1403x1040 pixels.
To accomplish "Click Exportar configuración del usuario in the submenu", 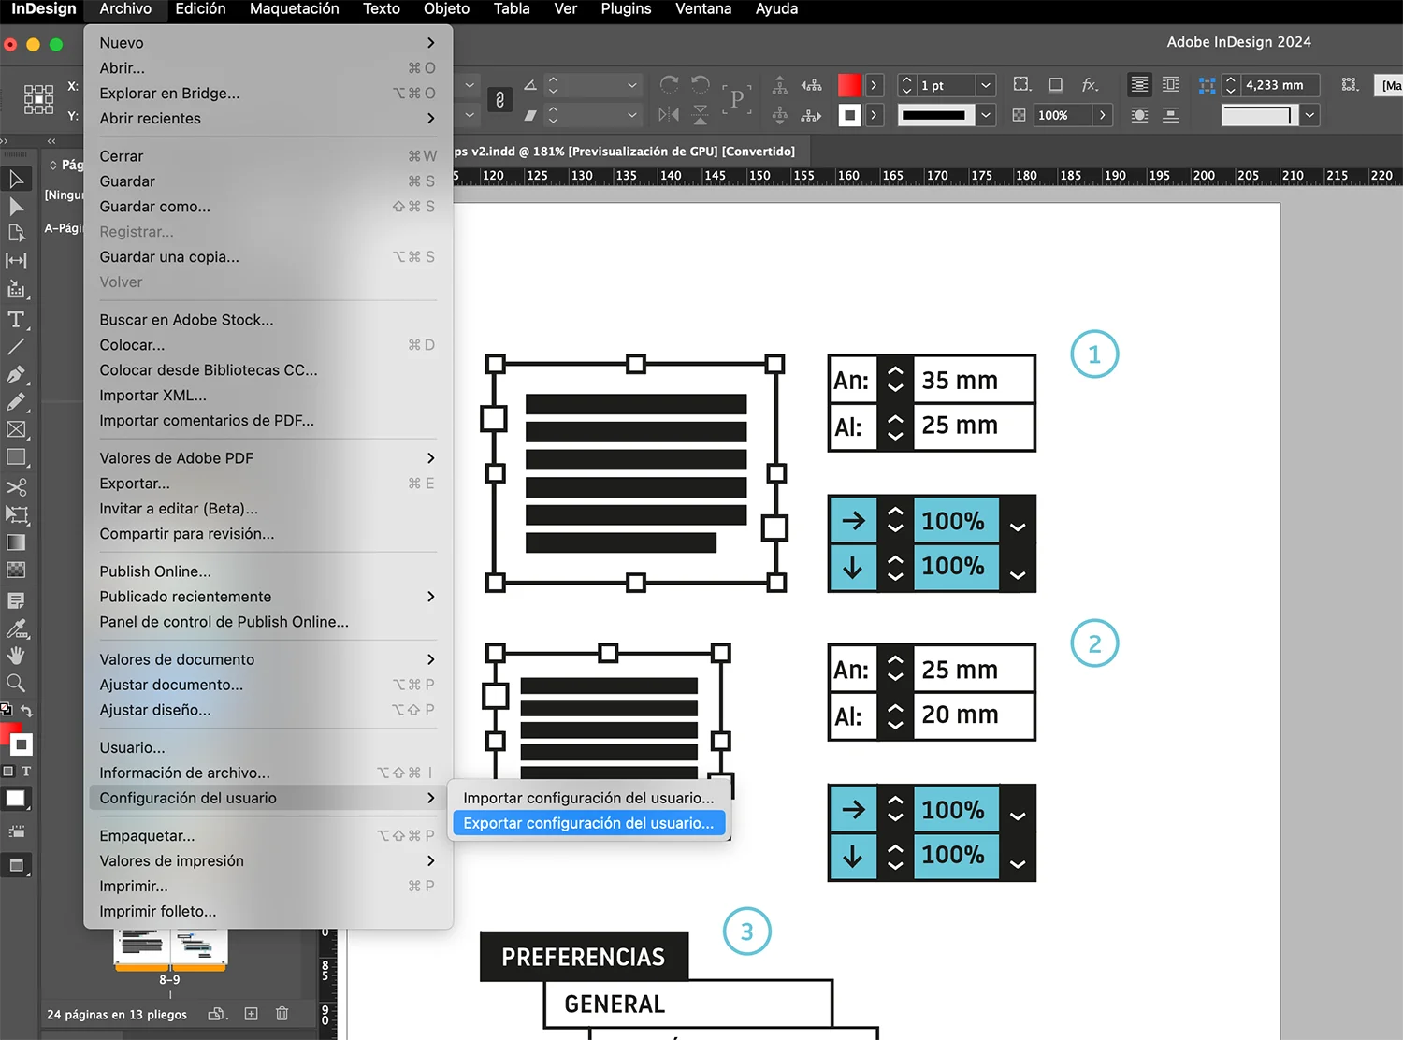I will [588, 823].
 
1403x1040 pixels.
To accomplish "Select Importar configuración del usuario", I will [588, 798].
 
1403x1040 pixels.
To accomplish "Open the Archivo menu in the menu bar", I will [125, 9].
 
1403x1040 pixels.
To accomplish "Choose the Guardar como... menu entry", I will [155, 207].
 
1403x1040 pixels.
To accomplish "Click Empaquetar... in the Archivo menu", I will [148, 836].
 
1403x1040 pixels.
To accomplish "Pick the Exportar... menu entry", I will [136, 484].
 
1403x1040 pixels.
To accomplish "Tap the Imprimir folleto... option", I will [158, 912].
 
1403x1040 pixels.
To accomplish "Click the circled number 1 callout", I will [1094, 354].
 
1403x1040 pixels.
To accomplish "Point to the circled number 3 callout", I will [746, 932].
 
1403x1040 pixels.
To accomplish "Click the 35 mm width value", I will [961, 381].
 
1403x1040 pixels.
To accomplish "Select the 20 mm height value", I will [961, 715].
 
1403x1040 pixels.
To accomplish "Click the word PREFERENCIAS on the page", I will [584, 958].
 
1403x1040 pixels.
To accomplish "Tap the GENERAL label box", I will [615, 1004].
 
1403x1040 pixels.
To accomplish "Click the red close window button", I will [10, 45].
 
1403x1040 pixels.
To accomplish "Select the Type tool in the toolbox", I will [16, 320].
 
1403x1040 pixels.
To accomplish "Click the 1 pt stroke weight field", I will [947, 86].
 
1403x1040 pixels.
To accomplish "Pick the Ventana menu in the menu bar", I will [703, 9].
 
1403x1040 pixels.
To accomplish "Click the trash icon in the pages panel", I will [282, 1014].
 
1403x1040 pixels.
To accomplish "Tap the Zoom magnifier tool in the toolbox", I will [16, 684].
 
